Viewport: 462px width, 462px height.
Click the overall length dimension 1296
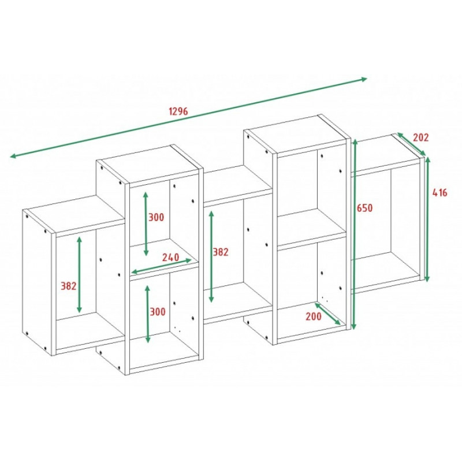[178, 111]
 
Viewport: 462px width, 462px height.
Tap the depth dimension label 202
[420, 137]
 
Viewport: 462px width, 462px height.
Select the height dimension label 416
[439, 193]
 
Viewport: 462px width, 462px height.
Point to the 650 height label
[364, 208]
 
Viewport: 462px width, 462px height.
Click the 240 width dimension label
[170, 257]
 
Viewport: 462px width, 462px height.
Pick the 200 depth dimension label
[314, 316]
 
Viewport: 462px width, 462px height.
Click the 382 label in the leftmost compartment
[68, 286]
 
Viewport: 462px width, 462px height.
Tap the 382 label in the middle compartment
[221, 252]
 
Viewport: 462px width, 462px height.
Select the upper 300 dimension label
[156, 218]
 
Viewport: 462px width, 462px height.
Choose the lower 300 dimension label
[158, 312]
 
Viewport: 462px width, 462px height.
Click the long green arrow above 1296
[188, 118]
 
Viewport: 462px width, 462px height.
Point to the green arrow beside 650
[355, 234]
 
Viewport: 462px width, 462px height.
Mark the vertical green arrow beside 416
[427, 219]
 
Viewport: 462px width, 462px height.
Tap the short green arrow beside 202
[411, 144]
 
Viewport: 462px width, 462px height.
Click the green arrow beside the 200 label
[327, 314]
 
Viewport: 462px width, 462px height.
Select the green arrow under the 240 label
[161, 266]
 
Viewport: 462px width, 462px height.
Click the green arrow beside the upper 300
[146, 224]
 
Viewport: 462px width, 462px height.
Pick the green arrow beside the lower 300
[148, 314]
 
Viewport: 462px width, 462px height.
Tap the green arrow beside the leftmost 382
[79, 275]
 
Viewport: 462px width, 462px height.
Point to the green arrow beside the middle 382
[211, 256]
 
